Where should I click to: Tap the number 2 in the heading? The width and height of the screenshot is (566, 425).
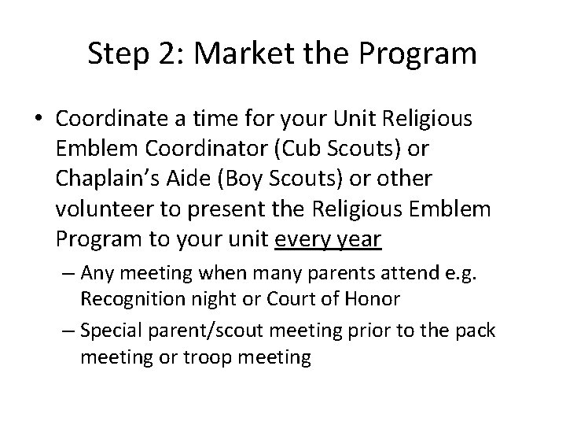[x=168, y=54]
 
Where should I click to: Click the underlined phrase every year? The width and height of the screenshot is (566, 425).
[x=328, y=239]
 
